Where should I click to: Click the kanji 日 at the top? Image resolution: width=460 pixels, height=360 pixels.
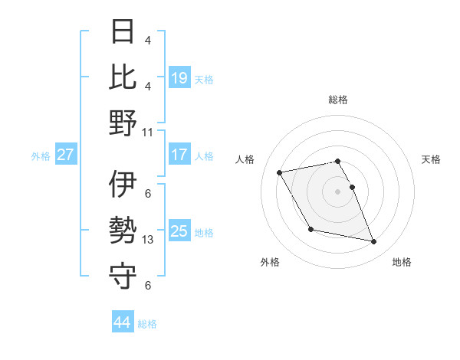(x=123, y=32)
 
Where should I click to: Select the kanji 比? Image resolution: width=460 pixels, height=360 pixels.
(x=123, y=77)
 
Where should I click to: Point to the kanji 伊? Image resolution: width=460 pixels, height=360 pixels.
(x=123, y=185)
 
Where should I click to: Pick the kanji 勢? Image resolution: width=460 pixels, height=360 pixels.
(x=123, y=230)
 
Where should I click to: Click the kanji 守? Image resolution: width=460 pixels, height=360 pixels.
(x=123, y=275)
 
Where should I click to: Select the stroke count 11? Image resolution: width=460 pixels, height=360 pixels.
(x=148, y=131)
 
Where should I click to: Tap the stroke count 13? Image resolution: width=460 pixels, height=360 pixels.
(x=148, y=239)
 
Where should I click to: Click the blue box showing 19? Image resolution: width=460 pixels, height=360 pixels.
(x=179, y=77)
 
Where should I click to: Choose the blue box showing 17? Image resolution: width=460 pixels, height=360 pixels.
(x=179, y=155)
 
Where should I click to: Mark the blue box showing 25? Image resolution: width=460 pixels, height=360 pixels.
(x=179, y=231)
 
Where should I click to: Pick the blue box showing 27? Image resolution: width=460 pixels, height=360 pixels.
(x=65, y=155)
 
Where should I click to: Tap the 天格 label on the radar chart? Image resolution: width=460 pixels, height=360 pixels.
(x=432, y=159)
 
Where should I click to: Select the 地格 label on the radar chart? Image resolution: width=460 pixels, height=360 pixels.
(x=402, y=262)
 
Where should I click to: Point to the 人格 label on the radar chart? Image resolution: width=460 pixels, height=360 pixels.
(x=245, y=159)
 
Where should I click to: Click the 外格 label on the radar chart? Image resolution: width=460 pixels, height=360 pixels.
(x=270, y=262)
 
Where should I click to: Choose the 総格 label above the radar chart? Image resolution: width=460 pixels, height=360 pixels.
(x=338, y=100)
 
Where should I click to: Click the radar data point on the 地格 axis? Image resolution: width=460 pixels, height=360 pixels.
(x=374, y=242)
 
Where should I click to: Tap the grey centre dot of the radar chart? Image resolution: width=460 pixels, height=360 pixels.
(x=337, y=191)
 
